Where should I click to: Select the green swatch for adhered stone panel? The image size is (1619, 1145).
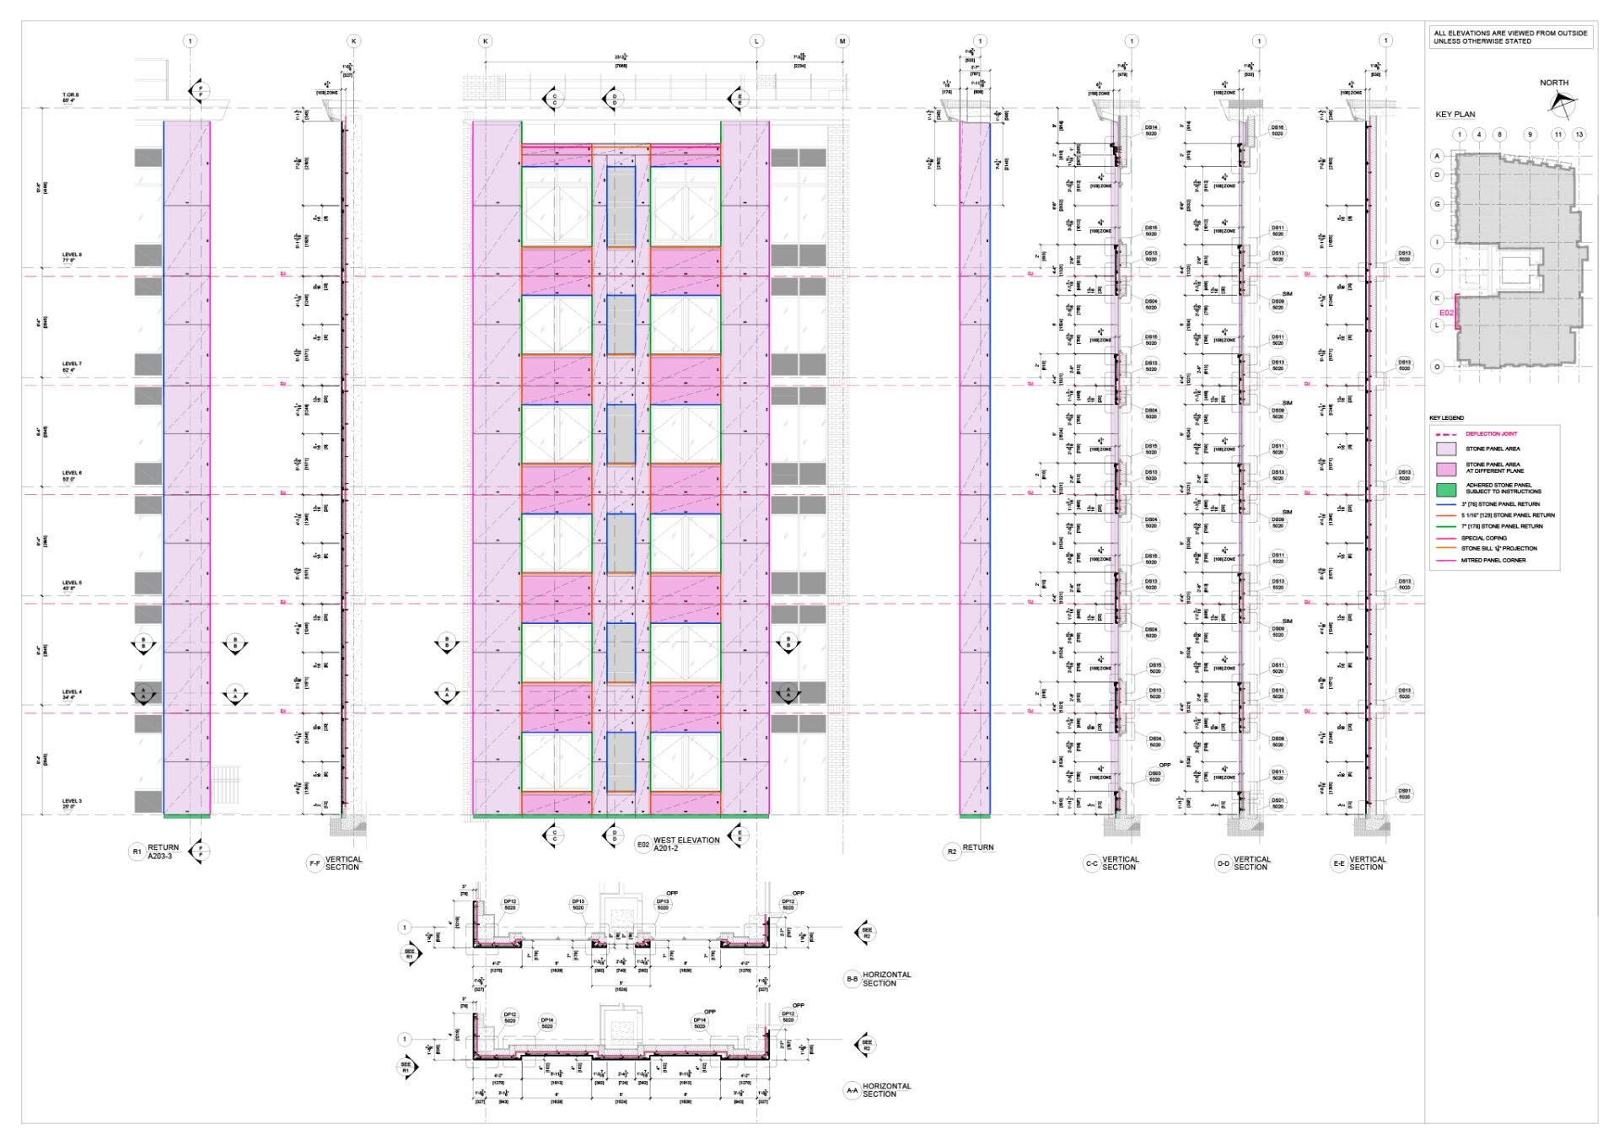click(1446, 489)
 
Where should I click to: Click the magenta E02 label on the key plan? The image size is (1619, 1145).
click(1446, 313)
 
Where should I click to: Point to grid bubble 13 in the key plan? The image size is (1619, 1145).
click(1579, 134)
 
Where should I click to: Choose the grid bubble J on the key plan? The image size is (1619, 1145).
click(1438, 271)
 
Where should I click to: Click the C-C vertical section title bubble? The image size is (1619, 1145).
click(1091, 863)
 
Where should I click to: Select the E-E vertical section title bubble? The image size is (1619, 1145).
click(1338, 863)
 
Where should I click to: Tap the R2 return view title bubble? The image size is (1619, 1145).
click(952, 852)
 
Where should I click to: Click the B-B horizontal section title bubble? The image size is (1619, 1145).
click(852, 979)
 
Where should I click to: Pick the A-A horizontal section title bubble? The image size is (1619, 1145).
click(852, 1090)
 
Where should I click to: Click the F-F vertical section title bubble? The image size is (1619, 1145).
click(315, 863)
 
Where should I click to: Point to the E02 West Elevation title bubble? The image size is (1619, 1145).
click(643, 843)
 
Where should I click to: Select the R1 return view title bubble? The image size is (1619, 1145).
click(137, 852)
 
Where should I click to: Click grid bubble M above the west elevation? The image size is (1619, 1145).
click(842, 41)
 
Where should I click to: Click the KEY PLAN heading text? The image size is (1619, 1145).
click(1455, 115)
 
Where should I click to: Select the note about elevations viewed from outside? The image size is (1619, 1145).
click(1510, 37)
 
